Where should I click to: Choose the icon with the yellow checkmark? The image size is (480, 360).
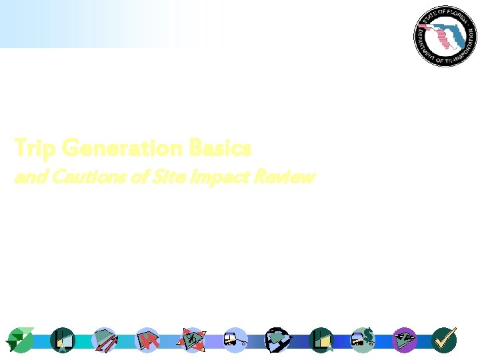[444, 340]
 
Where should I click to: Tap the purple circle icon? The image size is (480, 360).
[404, 340]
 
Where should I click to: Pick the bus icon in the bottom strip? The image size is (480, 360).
[235, 340]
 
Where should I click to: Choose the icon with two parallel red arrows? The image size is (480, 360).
[105, 340]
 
